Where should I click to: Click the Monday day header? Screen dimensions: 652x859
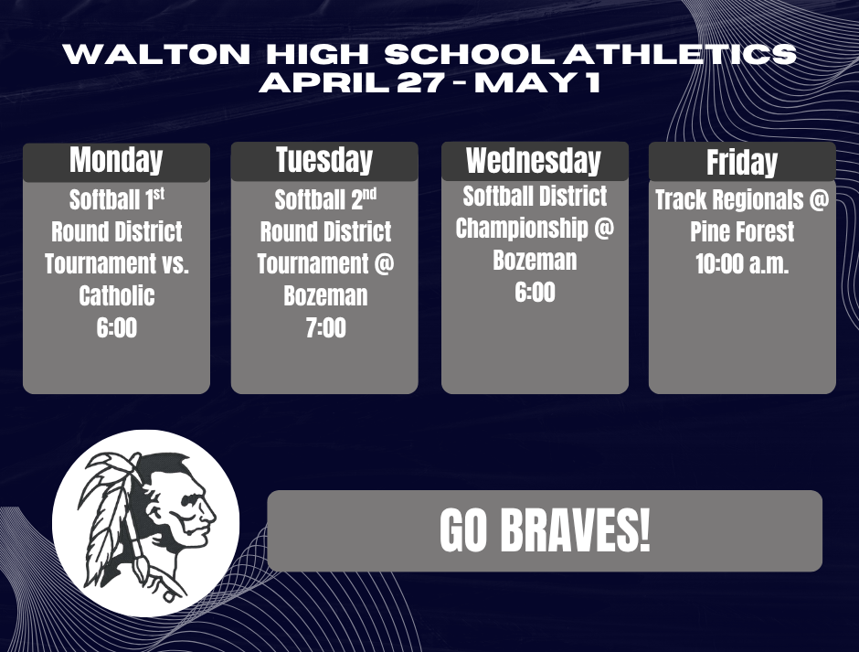tap(116, 161)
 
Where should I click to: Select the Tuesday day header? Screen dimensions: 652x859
tap(324, 161)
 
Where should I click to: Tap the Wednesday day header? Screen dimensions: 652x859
tap(535, 161)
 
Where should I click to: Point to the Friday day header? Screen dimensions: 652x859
tap(742, 162)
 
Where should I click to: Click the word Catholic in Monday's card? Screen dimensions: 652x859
tap(116, 295)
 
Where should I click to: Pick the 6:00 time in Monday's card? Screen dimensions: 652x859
tap(116, 327)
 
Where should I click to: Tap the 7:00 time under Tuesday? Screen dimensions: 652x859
tap(325, 327)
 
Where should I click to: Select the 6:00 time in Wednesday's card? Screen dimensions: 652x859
tap(535, 292)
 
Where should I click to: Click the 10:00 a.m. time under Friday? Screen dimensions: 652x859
tap(741, 263)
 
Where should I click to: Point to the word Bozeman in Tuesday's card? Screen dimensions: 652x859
tap(325, 295)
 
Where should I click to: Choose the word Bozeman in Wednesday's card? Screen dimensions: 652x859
tap(535, 260)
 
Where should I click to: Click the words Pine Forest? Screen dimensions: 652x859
tap(741, 231)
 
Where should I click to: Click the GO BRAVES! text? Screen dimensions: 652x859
tap(545, 531)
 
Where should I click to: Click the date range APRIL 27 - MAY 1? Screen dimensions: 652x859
tap(429, 84)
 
